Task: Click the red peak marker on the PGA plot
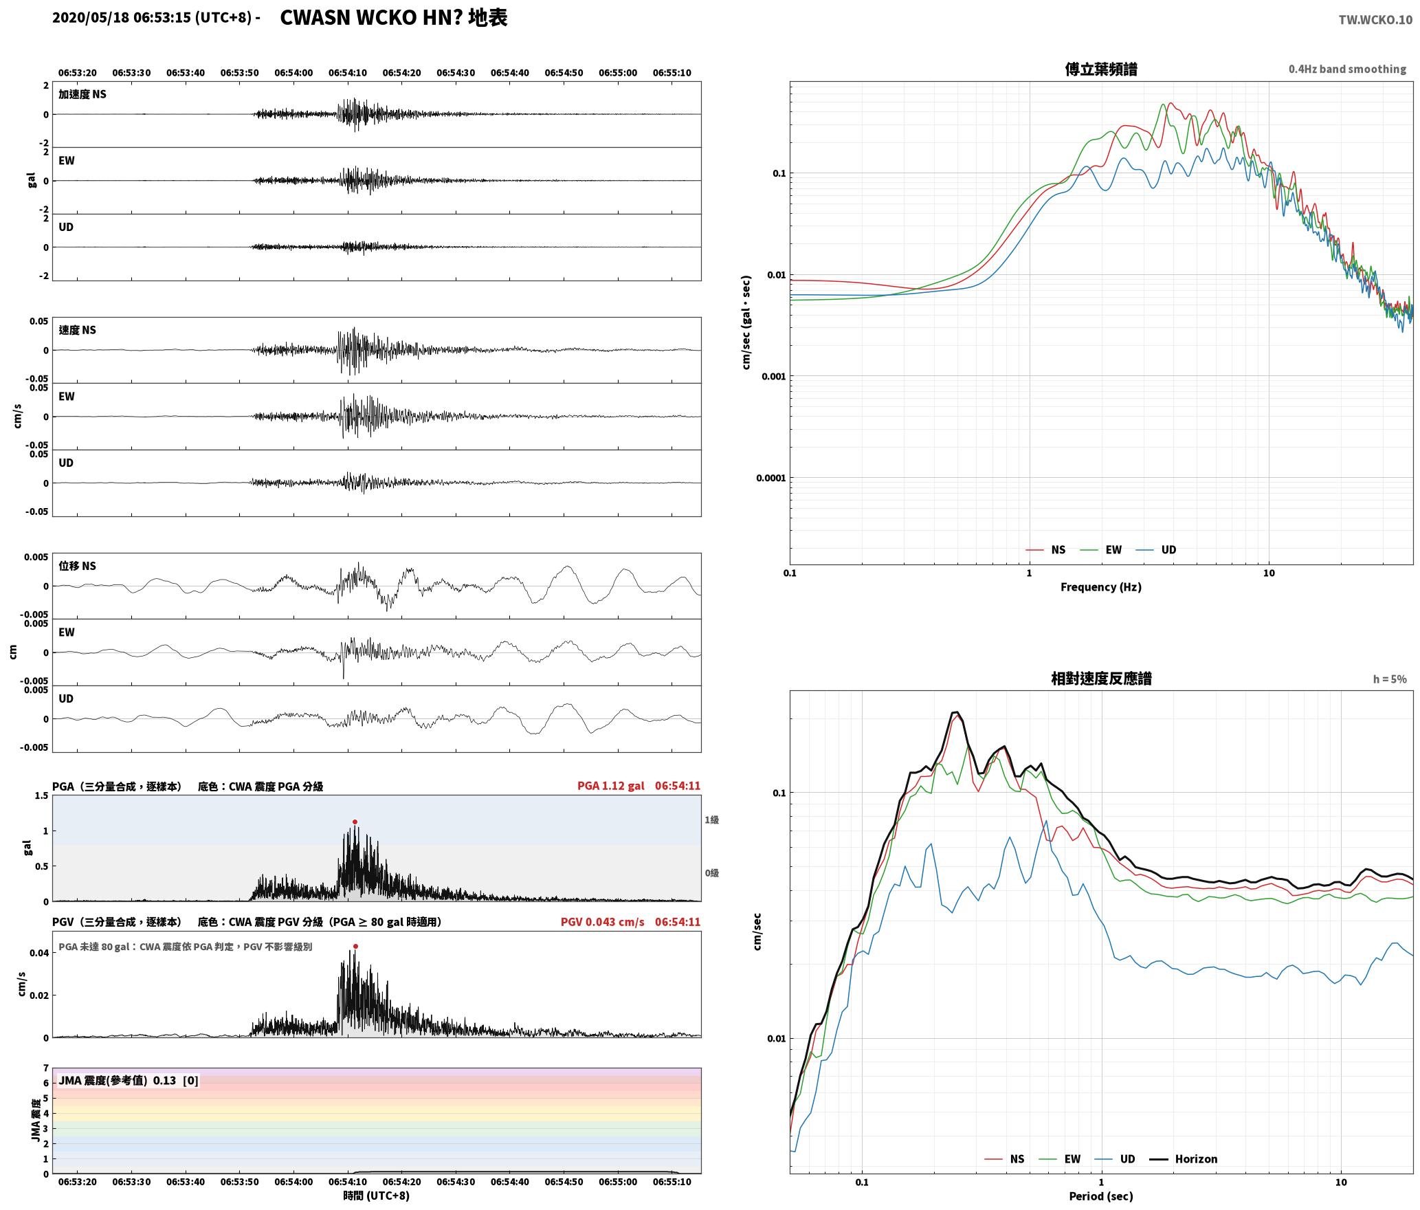[x=355, y=822]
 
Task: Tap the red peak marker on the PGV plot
[x=355, y=946]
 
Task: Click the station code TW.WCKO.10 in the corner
[x=1375, y=20]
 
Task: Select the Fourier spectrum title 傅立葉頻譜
[x=1100, y=69]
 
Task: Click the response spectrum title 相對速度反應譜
[x=1101, y=678]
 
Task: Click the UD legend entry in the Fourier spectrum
[x=1155, y=549]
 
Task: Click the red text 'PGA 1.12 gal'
[x=610, y=785]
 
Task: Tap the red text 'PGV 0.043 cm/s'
[x=602, y=921]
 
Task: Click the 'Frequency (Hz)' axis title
[x=1100, y=586]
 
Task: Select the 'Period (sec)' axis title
[x=1100, y=1196]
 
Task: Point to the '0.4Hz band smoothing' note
[x=1347, y=69]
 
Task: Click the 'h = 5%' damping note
[x=1390, y=679]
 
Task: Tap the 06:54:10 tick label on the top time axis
[x=347, y=72]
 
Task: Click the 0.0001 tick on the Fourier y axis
[x=770, y=478]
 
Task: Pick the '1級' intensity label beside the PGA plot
[x=711, y=819]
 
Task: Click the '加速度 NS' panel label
[x=82, y=94]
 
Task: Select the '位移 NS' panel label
[x=77, y=566]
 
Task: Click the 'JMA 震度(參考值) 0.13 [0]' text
[x=129, y=1080]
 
